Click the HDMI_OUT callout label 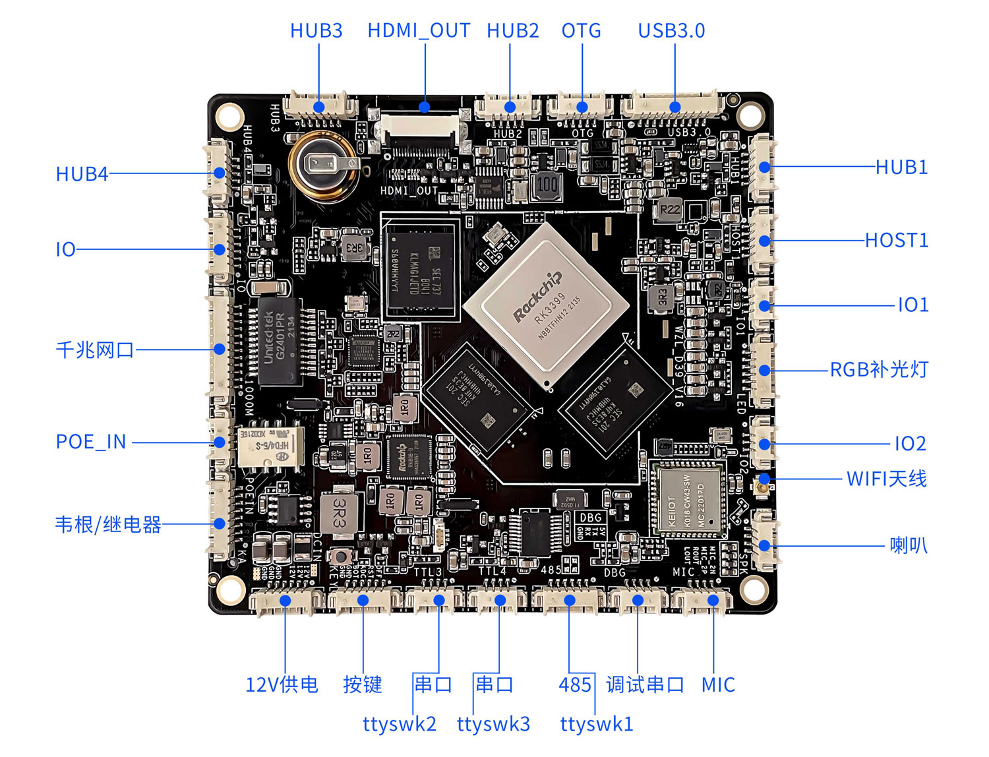point(419,31)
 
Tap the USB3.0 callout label point(671,31)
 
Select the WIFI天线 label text point(886,478)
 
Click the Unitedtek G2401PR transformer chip point(280,341)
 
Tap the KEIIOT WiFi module point(688,499)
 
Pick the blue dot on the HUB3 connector point(319,107)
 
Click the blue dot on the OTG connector point(582,107)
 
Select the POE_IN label point(91,442)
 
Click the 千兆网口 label point(95,349)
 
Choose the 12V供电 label point(282,684)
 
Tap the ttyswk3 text point(493,724)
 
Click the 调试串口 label point(645,684)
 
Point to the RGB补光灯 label point(878,369)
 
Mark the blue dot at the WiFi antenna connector point(764,479)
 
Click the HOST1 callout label point(896,240)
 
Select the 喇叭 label point(908,545)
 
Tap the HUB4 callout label point(82,174)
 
